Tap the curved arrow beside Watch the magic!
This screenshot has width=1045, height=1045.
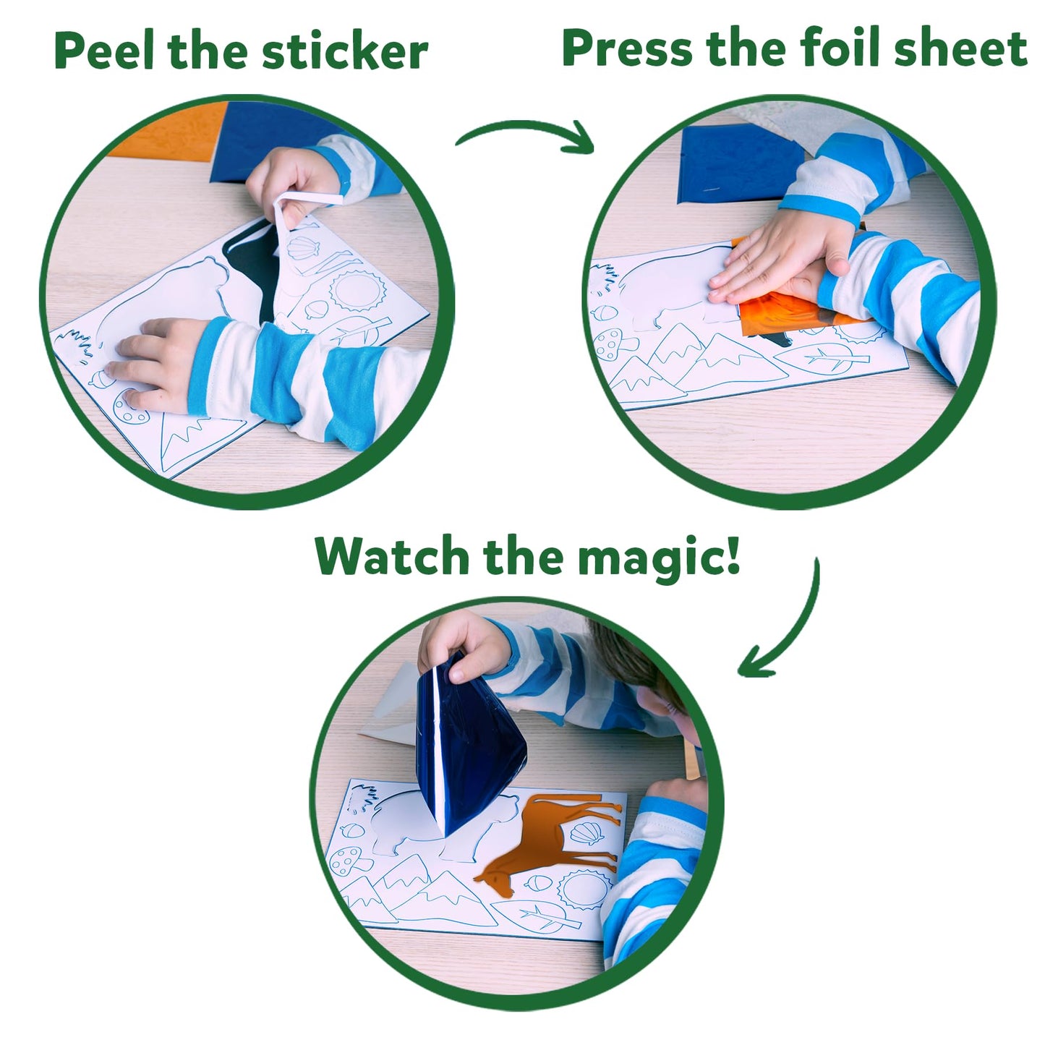785,629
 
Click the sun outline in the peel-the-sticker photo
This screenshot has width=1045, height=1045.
357,290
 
